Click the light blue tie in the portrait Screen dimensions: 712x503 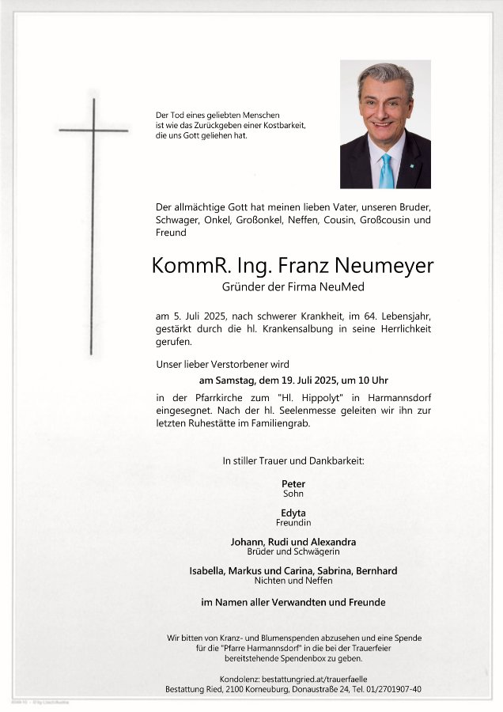pos(386,170)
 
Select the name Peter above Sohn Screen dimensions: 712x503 pos(293,483)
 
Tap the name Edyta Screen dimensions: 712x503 pos(293,513)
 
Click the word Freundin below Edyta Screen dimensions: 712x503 pos(293,523)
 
